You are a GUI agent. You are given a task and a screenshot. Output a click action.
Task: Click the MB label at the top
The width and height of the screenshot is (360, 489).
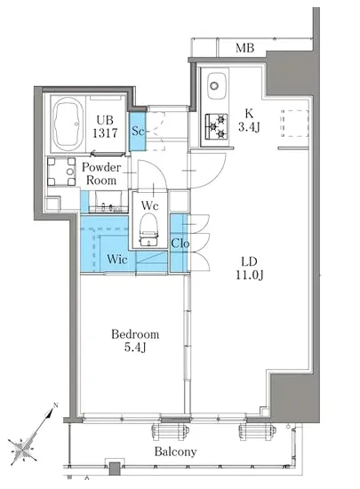click(x=244, y=48)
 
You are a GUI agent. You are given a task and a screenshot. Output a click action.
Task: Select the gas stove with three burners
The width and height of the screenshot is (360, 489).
click(x=216, y=126)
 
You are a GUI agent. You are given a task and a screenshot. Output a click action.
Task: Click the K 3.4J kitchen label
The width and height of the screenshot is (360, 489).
click(x=249, y=120)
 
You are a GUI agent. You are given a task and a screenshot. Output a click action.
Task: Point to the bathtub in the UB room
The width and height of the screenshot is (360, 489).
click(x=68, y=124)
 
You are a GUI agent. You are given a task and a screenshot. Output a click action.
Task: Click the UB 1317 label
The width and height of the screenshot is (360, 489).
click(x=105, y=126)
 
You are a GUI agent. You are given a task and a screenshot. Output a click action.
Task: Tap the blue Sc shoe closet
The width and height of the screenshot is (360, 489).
click(x=138, y=131)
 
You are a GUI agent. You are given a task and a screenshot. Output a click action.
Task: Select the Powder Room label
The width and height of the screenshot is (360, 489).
click(x=101, y=173)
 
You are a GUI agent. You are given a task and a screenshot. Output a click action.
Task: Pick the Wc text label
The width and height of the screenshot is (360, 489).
click(x=150, y=205)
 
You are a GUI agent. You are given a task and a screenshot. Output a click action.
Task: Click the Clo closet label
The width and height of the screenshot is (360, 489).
click(x=180, y=243)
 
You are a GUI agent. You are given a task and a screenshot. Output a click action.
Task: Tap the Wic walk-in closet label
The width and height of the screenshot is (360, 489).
click(x=116, y=259)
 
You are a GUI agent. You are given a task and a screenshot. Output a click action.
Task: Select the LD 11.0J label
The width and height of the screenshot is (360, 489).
click(x=250, y=269)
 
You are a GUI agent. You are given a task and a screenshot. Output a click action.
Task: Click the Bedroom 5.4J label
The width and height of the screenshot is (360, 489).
click(x=135, y=341)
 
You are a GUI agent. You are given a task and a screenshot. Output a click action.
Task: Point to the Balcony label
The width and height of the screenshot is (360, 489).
click(x=175, y=452)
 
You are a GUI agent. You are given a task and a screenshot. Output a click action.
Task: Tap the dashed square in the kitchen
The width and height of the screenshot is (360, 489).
click(x=294, y=124)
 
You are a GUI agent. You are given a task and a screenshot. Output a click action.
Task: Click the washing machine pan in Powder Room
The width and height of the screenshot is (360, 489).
click(x=61, y=172)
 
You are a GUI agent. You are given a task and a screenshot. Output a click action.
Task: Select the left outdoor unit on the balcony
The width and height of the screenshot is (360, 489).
click(x=171, y=432)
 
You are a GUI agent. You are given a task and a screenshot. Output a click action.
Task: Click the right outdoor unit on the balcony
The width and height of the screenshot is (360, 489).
click(x=258, y=432)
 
